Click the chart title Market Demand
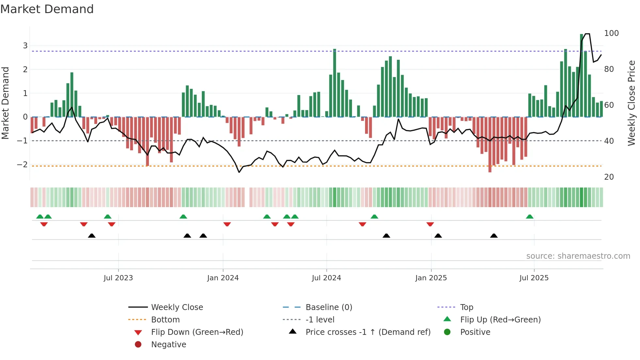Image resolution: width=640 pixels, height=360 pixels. coord(47,9)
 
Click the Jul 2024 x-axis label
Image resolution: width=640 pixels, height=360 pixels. coord(326,278)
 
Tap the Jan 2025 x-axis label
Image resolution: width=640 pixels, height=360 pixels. coord(431,278)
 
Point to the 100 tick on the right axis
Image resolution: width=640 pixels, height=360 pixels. coord(611,33)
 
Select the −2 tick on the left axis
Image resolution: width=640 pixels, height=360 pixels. coord(23,164)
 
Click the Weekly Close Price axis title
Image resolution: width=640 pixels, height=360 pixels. coord(632,103)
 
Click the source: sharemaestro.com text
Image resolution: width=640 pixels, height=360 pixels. coord(578,256)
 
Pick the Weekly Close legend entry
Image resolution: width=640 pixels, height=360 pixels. coord(177,307)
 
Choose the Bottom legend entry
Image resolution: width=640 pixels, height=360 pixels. coord(165,320)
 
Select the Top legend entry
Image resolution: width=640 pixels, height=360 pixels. coord(467,307)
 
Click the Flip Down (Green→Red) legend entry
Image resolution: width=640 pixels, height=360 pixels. coord(197,332)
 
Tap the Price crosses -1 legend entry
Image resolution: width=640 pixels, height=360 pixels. coord(368,332)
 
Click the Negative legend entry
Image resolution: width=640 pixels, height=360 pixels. coord(168,345)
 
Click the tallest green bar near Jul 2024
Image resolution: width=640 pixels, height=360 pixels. coord(335,83)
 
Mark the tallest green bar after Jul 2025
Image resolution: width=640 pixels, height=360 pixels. coord(582,75)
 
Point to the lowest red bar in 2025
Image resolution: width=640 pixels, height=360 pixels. coord(490,145)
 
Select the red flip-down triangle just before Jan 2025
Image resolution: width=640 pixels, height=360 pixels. coord(430,224)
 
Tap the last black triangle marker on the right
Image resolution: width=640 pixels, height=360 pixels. coord(494,236)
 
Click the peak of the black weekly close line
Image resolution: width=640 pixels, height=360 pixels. coord(587,34)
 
